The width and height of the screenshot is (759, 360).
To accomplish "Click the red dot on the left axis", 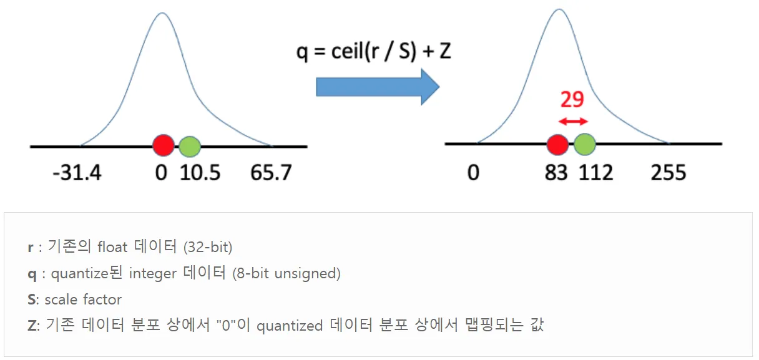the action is (164, 145).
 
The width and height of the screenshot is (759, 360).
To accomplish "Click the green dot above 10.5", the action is (190, 147).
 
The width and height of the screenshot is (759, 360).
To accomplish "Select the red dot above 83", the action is (558, 145).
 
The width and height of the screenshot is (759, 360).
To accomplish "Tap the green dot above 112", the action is (585, 144).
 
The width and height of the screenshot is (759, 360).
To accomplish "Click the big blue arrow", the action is (378, 87).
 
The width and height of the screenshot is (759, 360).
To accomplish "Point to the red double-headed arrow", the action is (573, 121).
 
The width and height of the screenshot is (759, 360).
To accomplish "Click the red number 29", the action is (572, 100).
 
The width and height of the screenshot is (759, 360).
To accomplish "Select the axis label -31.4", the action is (77, 172).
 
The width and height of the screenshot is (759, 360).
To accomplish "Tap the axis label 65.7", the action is (271, 172).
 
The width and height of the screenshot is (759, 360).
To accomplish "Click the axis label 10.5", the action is (200, 172).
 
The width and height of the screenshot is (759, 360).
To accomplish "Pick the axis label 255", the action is (668, 172).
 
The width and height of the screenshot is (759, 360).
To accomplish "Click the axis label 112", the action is (596, 172).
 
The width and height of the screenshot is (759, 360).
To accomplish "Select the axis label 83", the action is (556, 172).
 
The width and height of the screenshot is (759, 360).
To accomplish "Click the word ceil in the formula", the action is (348, 52).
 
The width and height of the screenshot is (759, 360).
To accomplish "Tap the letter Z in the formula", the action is (445, 52).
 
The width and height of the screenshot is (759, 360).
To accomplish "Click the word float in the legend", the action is (112, 247).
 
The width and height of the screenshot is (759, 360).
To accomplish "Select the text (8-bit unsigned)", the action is (286, 273).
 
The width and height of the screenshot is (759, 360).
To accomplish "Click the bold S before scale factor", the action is (31, 299).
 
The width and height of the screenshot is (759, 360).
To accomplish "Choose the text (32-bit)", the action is (208, 247).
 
